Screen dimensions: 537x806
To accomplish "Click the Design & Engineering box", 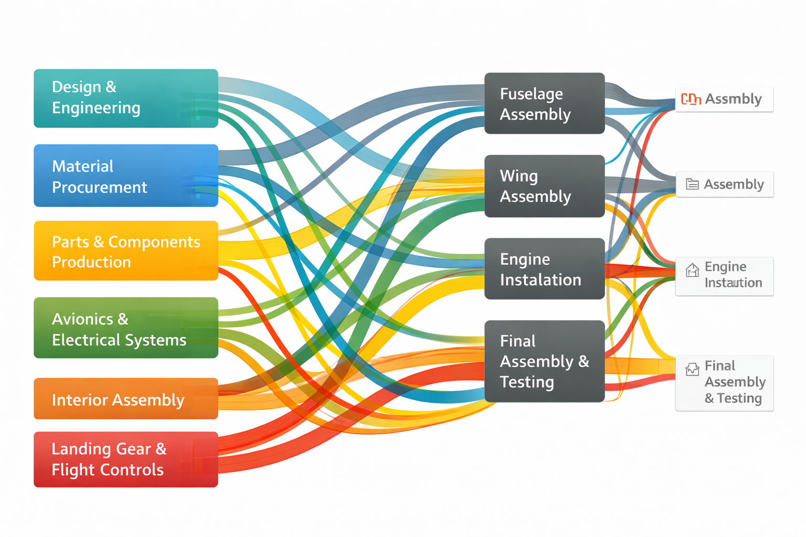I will coord(126,98).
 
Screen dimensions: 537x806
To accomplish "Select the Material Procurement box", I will coord(126,176).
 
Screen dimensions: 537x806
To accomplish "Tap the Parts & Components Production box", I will coord(126,251).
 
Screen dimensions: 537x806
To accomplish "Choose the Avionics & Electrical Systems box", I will coord(126,328).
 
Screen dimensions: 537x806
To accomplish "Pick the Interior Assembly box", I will coord(126,399).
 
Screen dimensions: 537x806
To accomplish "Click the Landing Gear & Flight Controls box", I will coord(126,459).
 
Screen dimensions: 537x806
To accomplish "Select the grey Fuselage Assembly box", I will coord(544,103).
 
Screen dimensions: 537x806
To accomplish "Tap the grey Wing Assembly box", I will coord(544,186).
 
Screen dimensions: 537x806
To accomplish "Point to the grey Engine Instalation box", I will coord(544,268).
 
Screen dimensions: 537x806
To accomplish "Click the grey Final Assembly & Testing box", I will coord(544,361).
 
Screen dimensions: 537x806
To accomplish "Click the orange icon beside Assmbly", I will coord(691,99).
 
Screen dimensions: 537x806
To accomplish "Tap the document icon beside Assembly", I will coord(692,184).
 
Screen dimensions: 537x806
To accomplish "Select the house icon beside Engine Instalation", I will coord(692,270).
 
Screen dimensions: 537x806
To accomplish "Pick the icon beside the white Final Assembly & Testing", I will coord(692,369).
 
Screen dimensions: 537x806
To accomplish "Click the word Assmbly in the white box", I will coord(733,99).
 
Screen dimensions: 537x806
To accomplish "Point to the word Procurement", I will coord(100,187).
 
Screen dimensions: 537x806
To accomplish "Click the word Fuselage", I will coord(531,94).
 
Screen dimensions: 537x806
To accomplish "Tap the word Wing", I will coord(518,176).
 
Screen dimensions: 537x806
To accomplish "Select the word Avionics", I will coord(82,319).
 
